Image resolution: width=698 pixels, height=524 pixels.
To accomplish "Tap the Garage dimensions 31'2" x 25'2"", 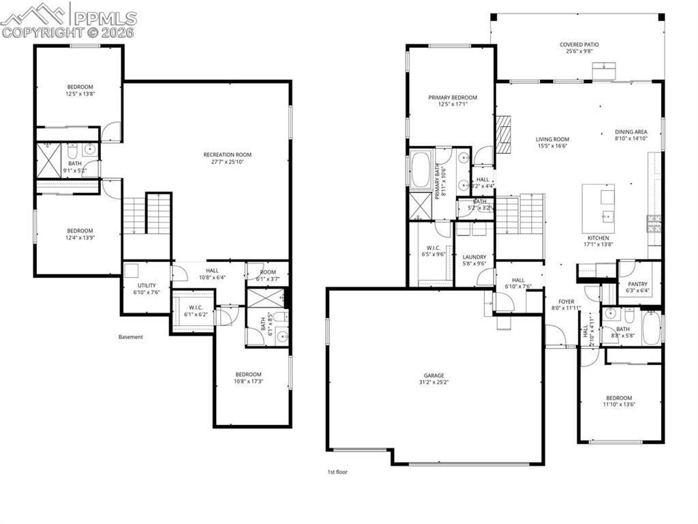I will (434, 383).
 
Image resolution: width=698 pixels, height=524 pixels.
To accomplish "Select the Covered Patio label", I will (579, 45).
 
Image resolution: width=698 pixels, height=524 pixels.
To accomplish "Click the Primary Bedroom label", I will (453, 98).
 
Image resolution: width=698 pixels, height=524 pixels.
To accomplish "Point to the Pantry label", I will (638, 284).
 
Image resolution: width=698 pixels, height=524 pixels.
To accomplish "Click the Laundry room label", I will (474, 257).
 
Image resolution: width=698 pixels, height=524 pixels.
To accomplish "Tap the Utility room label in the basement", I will (147, 286).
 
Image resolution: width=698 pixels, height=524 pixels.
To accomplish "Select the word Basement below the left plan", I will (131, 336).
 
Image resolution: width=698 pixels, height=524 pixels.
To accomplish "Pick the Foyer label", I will (566, 301).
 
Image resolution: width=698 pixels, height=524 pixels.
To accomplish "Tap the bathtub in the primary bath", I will (421, 170).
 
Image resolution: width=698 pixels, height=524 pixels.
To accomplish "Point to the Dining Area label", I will (631, 132).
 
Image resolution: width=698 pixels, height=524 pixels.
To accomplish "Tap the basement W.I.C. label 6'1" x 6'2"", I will (194, 310).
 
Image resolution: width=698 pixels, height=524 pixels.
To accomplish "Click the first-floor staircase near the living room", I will (520, 214).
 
